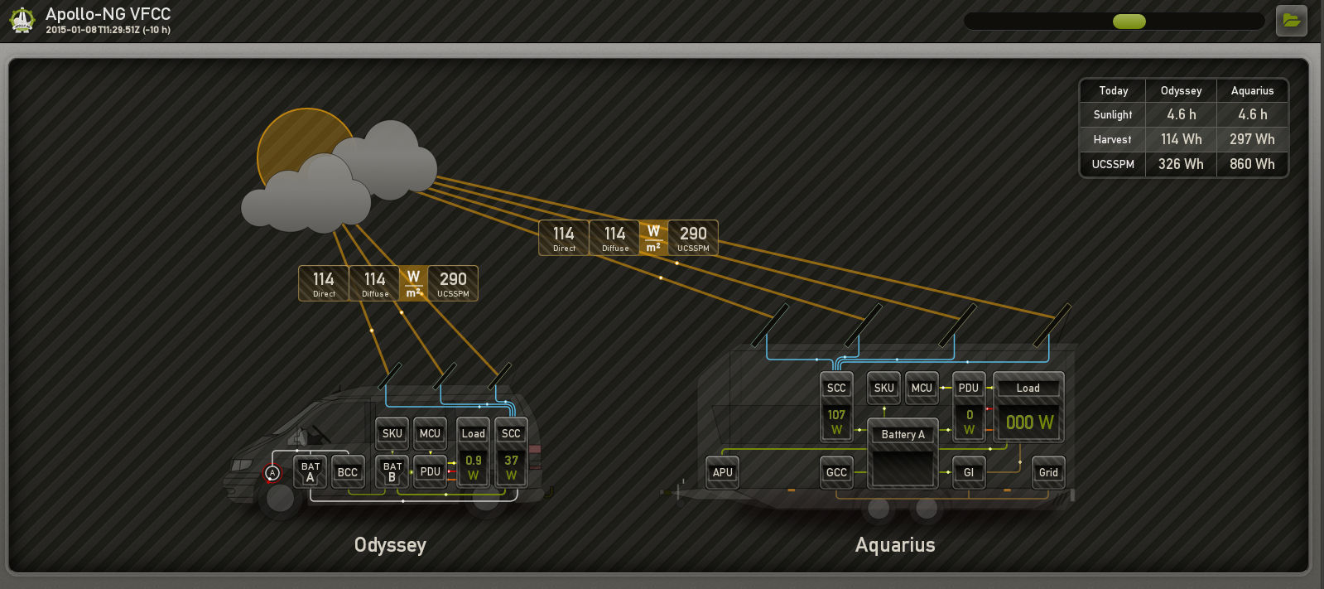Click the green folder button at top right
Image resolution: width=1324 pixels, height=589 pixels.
click(x=1291, y=21)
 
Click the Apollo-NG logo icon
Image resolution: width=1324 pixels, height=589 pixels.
click(x=22, y=20)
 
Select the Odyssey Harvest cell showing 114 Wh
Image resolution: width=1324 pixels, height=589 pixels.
click(x=1181, y=139)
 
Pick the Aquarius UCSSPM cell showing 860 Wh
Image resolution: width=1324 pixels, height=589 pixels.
click(x=1252, y=164)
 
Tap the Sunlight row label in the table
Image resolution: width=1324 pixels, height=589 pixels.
click(x=1112, y=114)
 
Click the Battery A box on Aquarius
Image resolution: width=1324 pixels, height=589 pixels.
click(x=903, y=434)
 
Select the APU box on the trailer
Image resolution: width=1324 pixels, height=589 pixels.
click(x=722, y=472)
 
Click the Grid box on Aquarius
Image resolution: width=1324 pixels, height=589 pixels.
click(x=1048, y=472)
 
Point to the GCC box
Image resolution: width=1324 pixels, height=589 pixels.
click(x=836, y=472)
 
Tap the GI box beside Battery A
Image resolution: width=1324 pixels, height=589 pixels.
click(x=968, y=472)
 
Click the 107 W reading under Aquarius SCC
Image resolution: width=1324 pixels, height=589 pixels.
click(x=836, y=422)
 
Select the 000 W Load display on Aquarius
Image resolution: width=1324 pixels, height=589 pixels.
click(x=1029, y=422)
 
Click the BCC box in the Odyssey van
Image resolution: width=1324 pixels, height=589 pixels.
click(x=347, y=472)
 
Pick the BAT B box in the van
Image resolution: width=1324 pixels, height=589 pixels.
click(x=392, y=471)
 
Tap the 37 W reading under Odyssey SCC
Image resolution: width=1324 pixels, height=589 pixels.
click(x=511, y=467)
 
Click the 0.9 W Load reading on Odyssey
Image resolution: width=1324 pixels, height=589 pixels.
click(x=473, y=467)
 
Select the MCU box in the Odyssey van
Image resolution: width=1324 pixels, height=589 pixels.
click(x=430, y=433)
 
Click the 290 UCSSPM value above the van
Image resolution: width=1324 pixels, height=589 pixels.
click(x=453, y=283)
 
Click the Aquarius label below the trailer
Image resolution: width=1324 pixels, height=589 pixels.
click(x=894, y=545)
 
